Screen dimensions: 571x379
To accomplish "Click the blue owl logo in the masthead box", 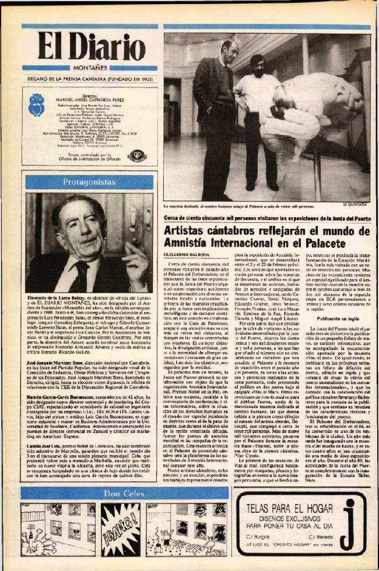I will [36, 105].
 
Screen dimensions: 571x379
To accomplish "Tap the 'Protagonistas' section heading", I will [89, 182].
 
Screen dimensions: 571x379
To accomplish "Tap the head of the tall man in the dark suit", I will [229, 50].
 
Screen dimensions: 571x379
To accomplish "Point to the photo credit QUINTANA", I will [356, 204].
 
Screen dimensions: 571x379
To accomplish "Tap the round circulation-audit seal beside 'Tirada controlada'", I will [136, 155].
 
